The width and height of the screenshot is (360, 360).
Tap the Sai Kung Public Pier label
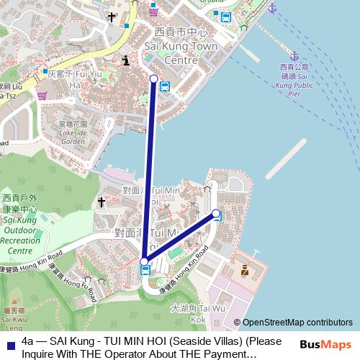pyautogui.click(x=292, y=80)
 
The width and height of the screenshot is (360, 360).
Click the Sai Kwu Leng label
pyautogui.click(x=13, y=317)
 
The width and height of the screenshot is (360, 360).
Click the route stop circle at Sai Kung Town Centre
pyautogui.click(x=153, y=78)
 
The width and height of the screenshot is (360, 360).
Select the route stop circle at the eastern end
pyautogui.click(x=215, y=213)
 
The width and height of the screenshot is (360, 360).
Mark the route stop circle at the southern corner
pyautogui.click(x=144, y=261)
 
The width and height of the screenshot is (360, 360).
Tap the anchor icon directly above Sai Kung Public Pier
pyautogui.click(x=294, y=55)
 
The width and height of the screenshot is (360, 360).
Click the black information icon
pyautogui.click(x=127, y=61)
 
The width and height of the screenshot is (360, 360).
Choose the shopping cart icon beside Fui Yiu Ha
pyautogui.click(x=42, y=94)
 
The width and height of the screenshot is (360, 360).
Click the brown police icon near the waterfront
pyautogui.click(x=245, y=271)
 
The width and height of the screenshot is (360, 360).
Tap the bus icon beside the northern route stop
pyautogui.click(x=165, y=87)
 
